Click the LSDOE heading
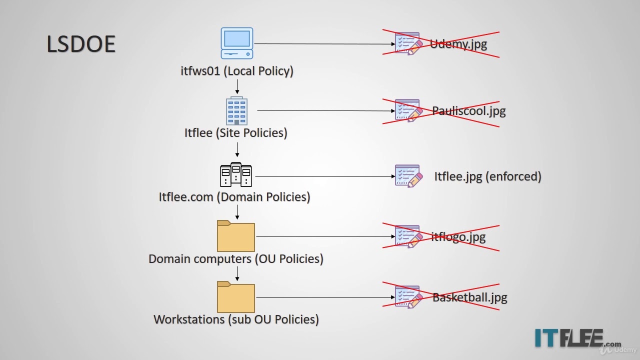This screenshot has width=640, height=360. click(x=81, y=44)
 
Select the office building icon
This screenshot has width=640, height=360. click(x=236, y=110)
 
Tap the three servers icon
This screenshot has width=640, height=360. click(x=236, y=175)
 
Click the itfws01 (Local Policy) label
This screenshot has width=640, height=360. click(x=237, y=71)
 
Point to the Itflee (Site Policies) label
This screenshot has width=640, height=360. click(x=236, y=133)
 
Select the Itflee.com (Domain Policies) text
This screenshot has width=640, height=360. click(x=234, y=197)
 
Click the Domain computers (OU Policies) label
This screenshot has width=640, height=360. click(x=236, y=259)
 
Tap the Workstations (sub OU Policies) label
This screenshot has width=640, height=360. click(x=236, y=319)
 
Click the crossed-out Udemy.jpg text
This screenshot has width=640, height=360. click(x=458, y=44)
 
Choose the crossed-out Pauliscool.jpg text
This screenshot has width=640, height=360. click(x=469, y=110)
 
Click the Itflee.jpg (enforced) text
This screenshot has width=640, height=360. click(x=487, y=176)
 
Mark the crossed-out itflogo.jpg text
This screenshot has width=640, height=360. click(x=458, y=236)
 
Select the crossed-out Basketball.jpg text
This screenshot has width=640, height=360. click(x=469, y=297)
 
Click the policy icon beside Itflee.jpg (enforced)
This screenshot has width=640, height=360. click(x=408, y=176)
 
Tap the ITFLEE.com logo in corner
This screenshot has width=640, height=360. click(x=577, y=338)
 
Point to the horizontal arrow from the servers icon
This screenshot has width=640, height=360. click(x=325, y=176)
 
